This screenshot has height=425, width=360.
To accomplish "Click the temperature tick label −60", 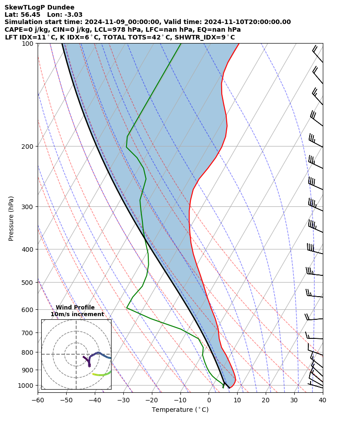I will [38, 400].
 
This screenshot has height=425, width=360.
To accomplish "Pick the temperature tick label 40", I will [322, 400].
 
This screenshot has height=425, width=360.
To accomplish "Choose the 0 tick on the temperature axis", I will [209, 400].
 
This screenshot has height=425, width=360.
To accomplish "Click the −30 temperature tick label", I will [123, 400].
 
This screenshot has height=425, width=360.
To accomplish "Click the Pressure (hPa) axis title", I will [11, 218].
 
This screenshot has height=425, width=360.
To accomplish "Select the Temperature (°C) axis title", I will [180, 410].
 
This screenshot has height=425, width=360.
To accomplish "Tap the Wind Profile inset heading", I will [75, 308].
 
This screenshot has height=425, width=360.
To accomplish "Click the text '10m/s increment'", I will [77, 314].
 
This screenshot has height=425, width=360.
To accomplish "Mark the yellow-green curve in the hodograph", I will [101, 375].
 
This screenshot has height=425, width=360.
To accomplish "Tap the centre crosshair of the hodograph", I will [76, 354].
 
